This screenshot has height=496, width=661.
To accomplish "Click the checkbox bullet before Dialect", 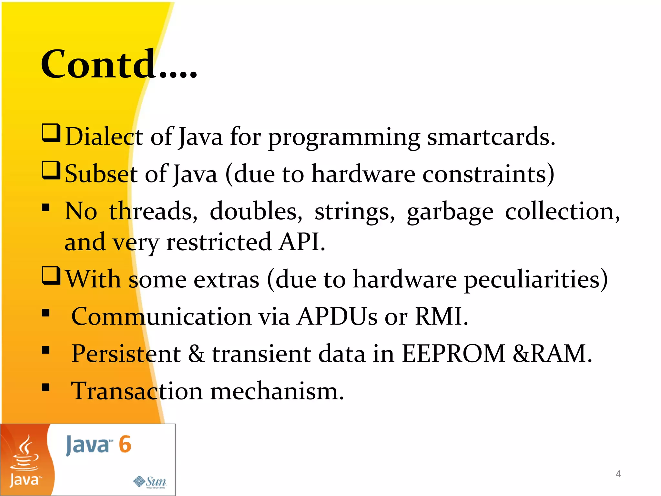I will tap(51, 133).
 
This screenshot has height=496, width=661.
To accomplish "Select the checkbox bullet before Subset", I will tap(51, 171).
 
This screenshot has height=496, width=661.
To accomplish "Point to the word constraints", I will tap(487, 174).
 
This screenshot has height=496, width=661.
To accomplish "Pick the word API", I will tap(302, 242).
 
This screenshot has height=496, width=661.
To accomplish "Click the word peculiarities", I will tap(536, 279).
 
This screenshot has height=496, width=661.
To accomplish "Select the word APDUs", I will tap(337, 316).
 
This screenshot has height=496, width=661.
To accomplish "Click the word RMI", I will tap(441, 316).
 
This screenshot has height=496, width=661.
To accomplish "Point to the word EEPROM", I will tap(453, 354).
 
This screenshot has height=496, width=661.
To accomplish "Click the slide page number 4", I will tap(618, 474).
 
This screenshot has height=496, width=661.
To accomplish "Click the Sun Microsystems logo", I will tap(150, 481).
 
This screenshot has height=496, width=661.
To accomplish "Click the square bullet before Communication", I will tap(46, 313).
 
